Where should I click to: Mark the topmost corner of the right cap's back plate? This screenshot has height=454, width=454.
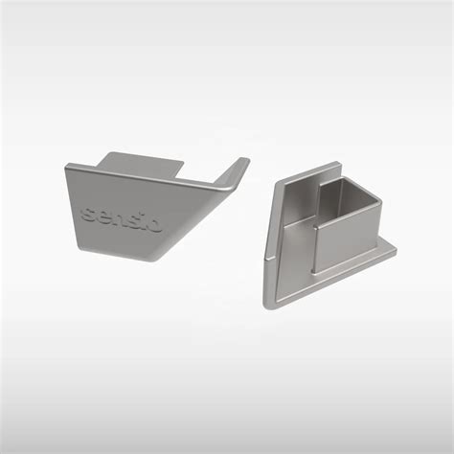(335, 164)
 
